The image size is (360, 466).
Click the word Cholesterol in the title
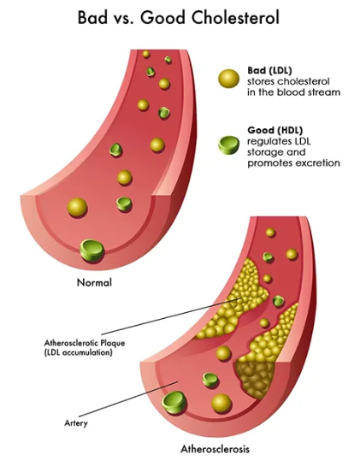tap(235, 17)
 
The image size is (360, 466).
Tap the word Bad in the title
tap(92, 17)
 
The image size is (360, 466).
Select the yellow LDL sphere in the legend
tap(228, 79)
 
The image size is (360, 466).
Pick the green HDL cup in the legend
tap(228, 145)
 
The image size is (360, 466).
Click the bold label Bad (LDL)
tap(269, 70)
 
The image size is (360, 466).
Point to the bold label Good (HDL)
tap(275, 130)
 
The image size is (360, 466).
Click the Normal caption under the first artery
tap(94, 282)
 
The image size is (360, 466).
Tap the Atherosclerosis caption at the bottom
tap(215, 449)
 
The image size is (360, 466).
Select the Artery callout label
tap(76, 423)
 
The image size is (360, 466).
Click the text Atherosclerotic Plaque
tap(85, 343)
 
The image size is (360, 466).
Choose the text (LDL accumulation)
tap(78, 353)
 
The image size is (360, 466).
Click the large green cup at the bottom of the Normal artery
tap(92, 251)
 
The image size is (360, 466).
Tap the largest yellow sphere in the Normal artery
tap(77, 208)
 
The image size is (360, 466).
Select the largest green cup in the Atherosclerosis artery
tap(174, 403)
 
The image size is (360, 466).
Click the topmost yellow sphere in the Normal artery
tap(146, 54)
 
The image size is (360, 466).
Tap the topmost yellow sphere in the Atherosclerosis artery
tap(270, 232)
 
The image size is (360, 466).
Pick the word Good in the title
tap(162, 17)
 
